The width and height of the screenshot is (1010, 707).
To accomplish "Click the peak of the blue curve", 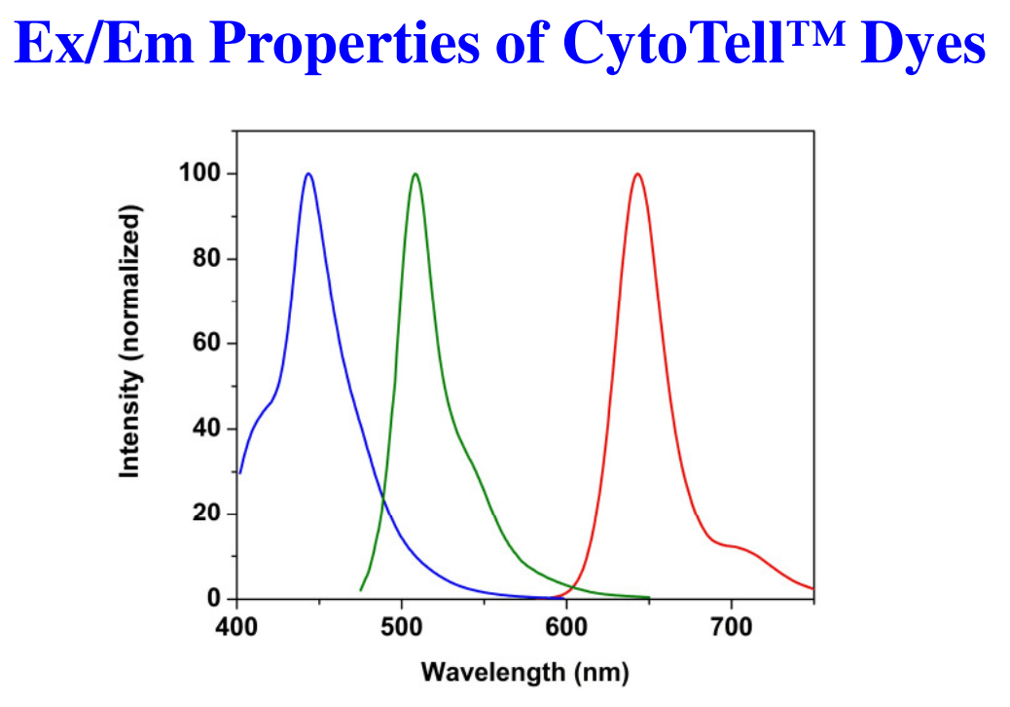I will point(308,174).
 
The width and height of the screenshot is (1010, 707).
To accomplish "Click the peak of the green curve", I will point(415,174).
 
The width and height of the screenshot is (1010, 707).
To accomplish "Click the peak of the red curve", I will point(637,174).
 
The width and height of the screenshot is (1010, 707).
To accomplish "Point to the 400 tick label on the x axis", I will point(236,625).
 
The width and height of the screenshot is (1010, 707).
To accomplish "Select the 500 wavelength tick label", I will point(401,625).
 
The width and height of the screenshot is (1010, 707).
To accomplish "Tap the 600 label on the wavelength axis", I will point(566,625).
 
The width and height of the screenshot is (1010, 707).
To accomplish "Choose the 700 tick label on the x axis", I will point(731,625).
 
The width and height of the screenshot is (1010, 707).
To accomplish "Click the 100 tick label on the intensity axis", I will point(198,174).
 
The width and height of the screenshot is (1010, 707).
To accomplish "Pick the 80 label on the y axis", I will point(205,259).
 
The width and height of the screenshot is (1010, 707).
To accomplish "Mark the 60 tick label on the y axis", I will point(205,344).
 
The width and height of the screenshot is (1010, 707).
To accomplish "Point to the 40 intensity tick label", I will point(205,428).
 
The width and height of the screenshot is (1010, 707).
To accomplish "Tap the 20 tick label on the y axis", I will point(205,513).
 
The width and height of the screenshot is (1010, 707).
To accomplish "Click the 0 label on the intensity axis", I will point(212,598).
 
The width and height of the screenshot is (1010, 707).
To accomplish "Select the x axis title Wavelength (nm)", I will point(524,672).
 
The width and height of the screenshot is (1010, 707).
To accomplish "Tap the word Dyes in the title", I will point(923,44).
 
